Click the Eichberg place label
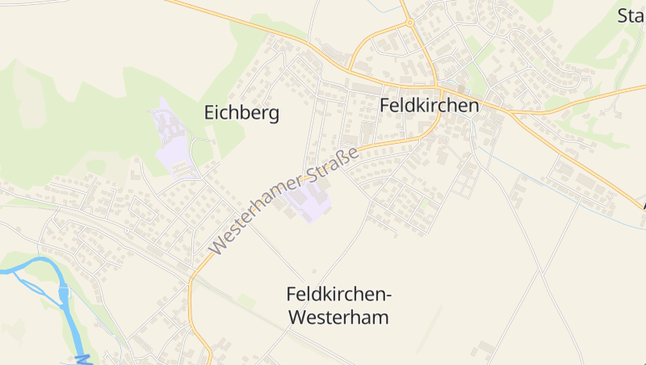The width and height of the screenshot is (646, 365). click(x=241, y=112)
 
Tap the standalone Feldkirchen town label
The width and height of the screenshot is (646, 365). click(x=429, y=106)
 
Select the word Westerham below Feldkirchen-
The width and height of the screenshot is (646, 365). click(x=338, y=317)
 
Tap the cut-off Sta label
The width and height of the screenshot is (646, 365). click(x=631, y=15)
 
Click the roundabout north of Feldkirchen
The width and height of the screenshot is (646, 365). click(x=409, y=23)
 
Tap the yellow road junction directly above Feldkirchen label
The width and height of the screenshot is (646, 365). click(x=437, y=85)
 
